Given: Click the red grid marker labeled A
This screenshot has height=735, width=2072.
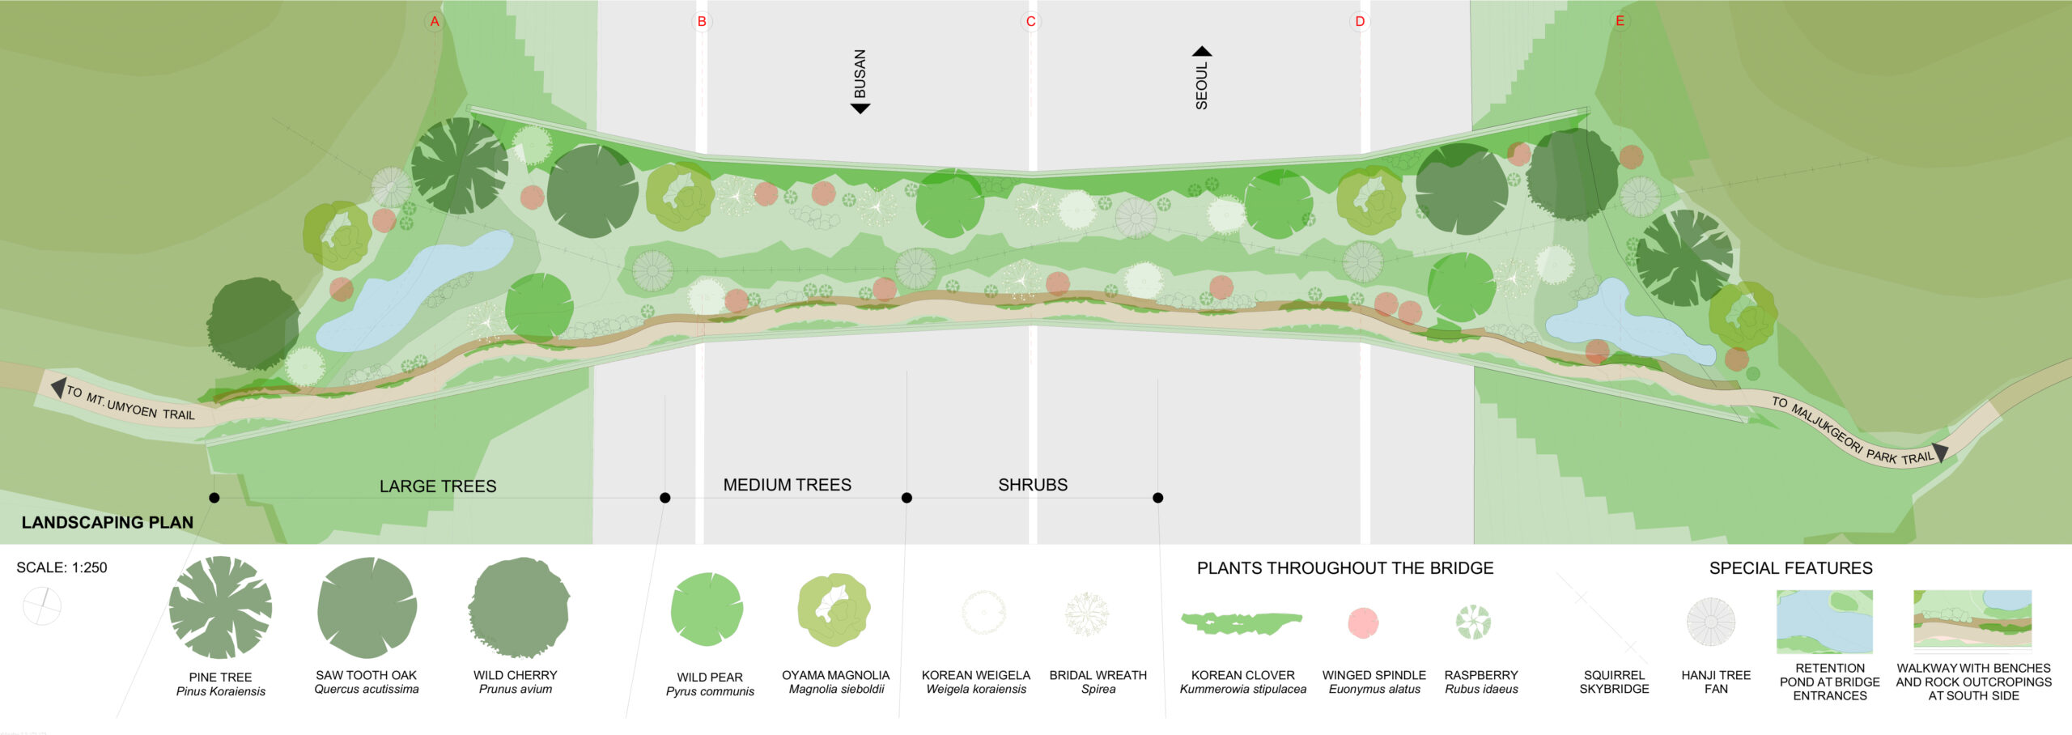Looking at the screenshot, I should point(435,21).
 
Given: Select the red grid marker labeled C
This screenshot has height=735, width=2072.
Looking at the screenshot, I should point(1030,21).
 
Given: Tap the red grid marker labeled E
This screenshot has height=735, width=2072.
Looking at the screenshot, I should point(1620,21).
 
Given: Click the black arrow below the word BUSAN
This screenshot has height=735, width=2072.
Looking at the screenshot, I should point(860,108).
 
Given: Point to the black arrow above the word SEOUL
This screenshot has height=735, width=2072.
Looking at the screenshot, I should point(1202,51).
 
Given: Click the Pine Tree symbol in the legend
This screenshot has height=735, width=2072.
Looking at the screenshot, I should point(220,607).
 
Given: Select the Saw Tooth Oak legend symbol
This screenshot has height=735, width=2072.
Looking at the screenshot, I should point(367,607).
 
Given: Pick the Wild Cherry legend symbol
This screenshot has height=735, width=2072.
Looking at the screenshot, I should point(518,607).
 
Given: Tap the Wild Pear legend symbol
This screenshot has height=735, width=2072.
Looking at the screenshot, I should point(707,610).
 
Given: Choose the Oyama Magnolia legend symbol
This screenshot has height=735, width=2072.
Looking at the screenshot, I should point(834,610).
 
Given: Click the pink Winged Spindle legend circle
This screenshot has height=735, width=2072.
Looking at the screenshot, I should point(1363,622).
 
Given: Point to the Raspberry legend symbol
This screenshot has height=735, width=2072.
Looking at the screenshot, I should point(1473,622).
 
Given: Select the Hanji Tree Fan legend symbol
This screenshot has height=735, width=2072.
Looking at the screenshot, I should point(1711,622).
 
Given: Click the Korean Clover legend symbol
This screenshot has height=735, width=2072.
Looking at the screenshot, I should point(1241,622).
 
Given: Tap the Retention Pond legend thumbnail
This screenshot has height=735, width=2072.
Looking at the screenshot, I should point(1824,621).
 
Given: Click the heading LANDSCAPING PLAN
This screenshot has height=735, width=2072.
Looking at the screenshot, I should point(108,522).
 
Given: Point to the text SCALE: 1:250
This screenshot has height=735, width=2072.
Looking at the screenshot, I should point(62,567).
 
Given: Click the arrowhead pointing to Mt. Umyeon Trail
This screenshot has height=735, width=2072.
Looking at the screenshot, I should point(57,388).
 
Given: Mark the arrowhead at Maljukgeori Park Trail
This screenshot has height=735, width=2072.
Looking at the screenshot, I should point(1940,452).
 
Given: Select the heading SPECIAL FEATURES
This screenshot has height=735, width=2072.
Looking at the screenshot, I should point(1790,568).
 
